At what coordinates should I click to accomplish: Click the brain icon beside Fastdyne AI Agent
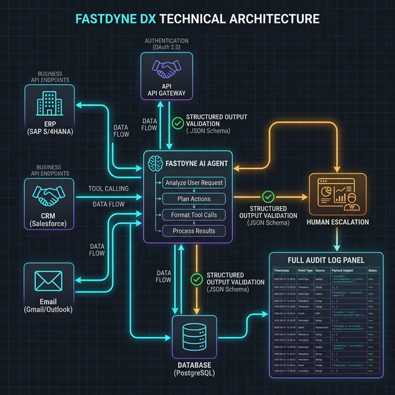pyautogui.click(x=155, y=164)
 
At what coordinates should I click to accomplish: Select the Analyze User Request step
pyautogui.click(x=194, y=183)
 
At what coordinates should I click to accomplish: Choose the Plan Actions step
pyautogui.click(x=194, y=199)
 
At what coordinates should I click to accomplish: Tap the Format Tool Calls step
pyautogui.click(x=194, y=215)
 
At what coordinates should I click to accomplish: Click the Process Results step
pyautogui.click(x=194, y=231)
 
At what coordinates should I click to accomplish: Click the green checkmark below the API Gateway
pyautogui.click(x=177, y=122)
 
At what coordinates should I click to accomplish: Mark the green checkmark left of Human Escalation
pyautogui.click(x=268, y=196)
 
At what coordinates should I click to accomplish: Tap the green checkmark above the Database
pyautogui.click(x=196, y=279)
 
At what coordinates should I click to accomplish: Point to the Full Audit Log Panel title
pyautogui.click(x=326, y=259)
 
